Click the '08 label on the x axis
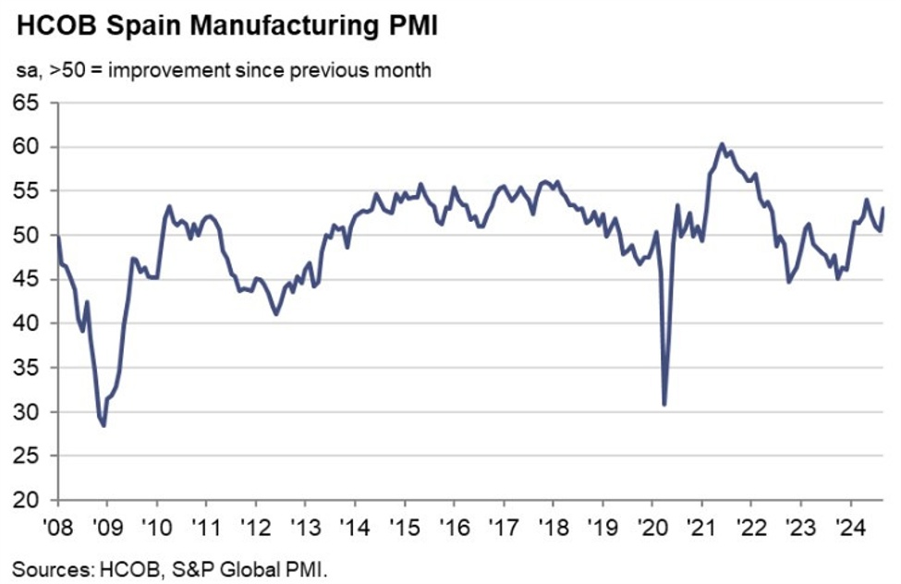pos(57,531)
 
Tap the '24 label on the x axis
pos(847,531)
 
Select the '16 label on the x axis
pos(453,531)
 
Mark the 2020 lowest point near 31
pos(664,404)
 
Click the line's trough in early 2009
pos(103,425)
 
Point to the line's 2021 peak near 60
pos(721,144)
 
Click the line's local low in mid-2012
pos(275,314)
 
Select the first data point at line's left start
pos(58,237)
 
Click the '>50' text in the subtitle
pos(63,70)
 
